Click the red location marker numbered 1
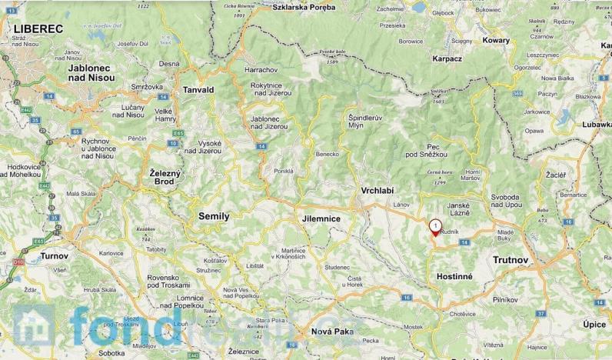pyautogui.click(x=435, y=228)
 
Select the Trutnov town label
pyautogui.click(x=511, y=260)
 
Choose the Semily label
pyautogui.click(x=213, y=216)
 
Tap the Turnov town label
pyautogui.click(x=55, y=255)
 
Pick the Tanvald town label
pyautogui.click(x=198, y=90)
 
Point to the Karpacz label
pyautogui.click(x=447, y=58)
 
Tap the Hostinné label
pyautogui.click(x=454, y=275)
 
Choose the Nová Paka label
pyautogui.click(x=332, y=332)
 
